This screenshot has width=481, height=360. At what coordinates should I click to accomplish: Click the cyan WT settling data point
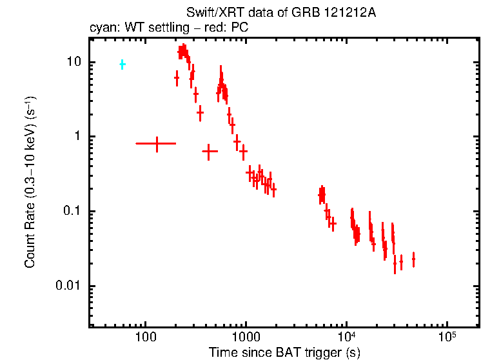[x=123, y=65]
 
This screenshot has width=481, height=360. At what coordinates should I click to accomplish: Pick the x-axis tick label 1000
[x=246, y=338]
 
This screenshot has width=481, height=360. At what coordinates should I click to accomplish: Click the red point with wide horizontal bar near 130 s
[x=156, y=143]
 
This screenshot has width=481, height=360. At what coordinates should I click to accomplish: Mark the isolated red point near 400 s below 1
[x=210, y=152]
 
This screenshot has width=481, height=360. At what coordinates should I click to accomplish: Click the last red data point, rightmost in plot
[x=413, y=259]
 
